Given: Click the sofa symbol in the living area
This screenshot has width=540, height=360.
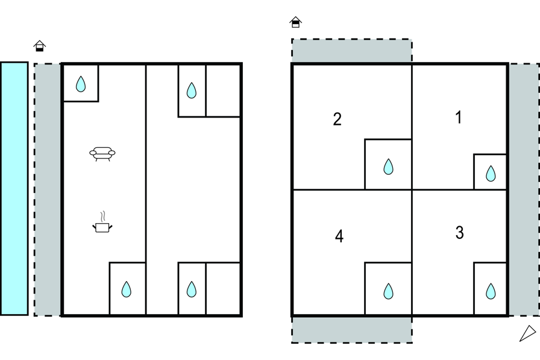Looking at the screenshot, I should (x=102, y=154).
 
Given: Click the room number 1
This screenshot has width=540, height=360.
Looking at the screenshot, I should (x=459, y=118).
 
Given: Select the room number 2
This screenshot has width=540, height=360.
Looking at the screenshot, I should (x=337, y=119).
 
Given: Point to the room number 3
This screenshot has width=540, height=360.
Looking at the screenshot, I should (x=459, y=233).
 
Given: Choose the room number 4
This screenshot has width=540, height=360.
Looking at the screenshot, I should (x=339, y=236).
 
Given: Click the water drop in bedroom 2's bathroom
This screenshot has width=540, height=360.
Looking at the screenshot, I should (x=389, y=166).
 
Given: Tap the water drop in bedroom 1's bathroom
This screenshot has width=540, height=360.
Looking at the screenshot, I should (x=491, y=174).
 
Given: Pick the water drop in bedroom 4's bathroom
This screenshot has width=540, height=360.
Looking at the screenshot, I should (x=389, y=291).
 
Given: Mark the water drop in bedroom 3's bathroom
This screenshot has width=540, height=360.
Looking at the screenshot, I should (x=491, y=291).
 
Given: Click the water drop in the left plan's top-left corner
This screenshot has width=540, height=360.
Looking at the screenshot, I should (x=81, y=84).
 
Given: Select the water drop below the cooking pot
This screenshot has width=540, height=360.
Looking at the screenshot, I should (x=126, y=290).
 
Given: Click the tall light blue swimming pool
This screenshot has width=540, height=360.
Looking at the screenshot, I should (x=14, y=188).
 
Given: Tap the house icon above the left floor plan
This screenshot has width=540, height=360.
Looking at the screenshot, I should (x=40, y=46).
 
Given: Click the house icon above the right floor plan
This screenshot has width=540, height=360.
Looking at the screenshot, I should (x=295, y=22).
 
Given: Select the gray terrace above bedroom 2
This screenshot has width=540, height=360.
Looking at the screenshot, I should (x=351, y=51).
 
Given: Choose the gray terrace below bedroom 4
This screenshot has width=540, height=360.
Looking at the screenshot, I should (x=351, y=329).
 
